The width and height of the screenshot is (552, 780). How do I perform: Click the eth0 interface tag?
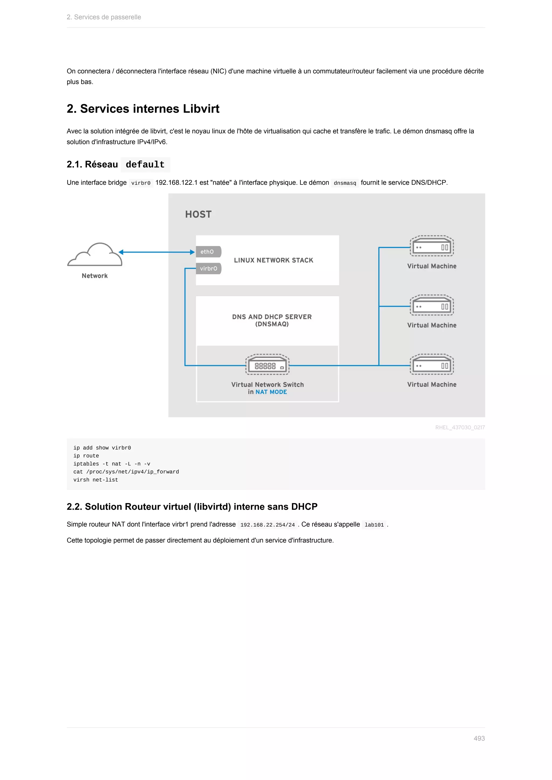coord(208,252)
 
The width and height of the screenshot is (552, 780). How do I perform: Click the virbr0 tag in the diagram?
coord(208,268)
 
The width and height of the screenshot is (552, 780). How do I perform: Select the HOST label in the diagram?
coord(198,214)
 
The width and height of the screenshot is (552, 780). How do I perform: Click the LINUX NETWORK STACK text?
coord(273,260)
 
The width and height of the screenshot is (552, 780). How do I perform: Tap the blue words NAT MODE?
coord(271,392)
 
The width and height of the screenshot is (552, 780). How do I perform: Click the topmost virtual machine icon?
coord(432,246)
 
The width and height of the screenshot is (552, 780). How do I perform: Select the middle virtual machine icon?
coord(432,305)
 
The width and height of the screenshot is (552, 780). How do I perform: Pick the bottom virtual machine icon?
coord(432,364)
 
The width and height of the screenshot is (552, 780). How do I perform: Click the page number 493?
coord(479,738)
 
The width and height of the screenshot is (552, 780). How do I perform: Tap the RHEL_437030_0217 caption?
coord(460,427)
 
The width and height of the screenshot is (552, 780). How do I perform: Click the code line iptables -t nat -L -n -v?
coord(112,464)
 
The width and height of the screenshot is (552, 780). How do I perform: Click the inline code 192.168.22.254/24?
coord(267,525)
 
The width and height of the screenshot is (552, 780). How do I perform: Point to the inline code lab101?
coord(374,525)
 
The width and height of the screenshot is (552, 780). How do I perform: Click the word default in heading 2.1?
coord(145,165)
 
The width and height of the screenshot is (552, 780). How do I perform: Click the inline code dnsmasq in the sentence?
coord(345,183)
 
